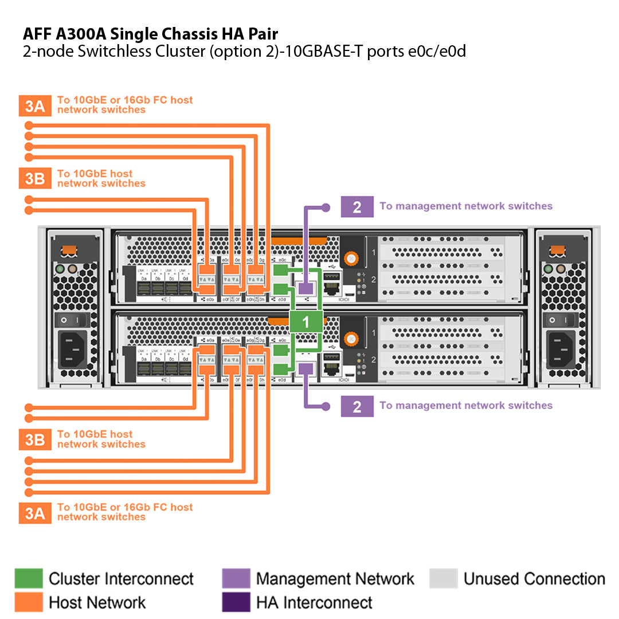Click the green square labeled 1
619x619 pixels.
[x=305, y=322]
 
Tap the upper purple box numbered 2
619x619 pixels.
[x=357, y=206]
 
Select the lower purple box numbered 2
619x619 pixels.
[x=357, y=406]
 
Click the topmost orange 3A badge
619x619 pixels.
[x=35, y=106]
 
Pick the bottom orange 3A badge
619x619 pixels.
[x=35, y=512]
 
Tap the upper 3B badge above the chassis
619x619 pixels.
[x=35, y=178]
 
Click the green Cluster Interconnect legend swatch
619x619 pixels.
[x=29, y=578]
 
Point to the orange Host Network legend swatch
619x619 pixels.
[x=29, y=602]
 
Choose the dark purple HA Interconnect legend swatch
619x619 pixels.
[x=236, y=602]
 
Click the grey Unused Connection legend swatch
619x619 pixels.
[x=444, y=578]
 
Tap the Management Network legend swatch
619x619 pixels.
[x=236, y=578]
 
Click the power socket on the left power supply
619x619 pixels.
[x=73, y=349]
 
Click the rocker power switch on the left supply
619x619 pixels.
[x=72, y=320]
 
